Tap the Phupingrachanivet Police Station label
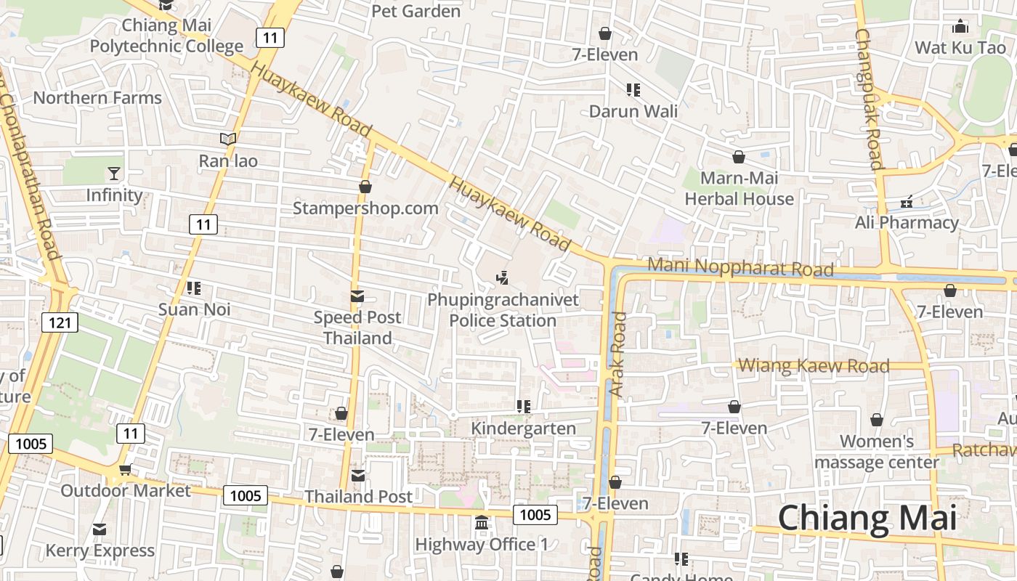[503, 310]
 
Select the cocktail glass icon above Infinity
[114, 173]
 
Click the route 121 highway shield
[59, 322]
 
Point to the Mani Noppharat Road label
[740, 267]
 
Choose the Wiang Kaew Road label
[813, 365]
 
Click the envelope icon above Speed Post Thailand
[357, 296]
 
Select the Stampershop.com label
[365, 208]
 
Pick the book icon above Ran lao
[228, 139]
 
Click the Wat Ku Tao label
[960, 48]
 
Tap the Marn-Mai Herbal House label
[739, 188]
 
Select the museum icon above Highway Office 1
[482, 523]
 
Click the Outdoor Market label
[126, 490]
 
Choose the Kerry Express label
[100, 550]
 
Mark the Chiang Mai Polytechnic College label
[166, 36]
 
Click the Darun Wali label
[633, 111]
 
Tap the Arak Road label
[617, 354]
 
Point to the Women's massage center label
[876, 451]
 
